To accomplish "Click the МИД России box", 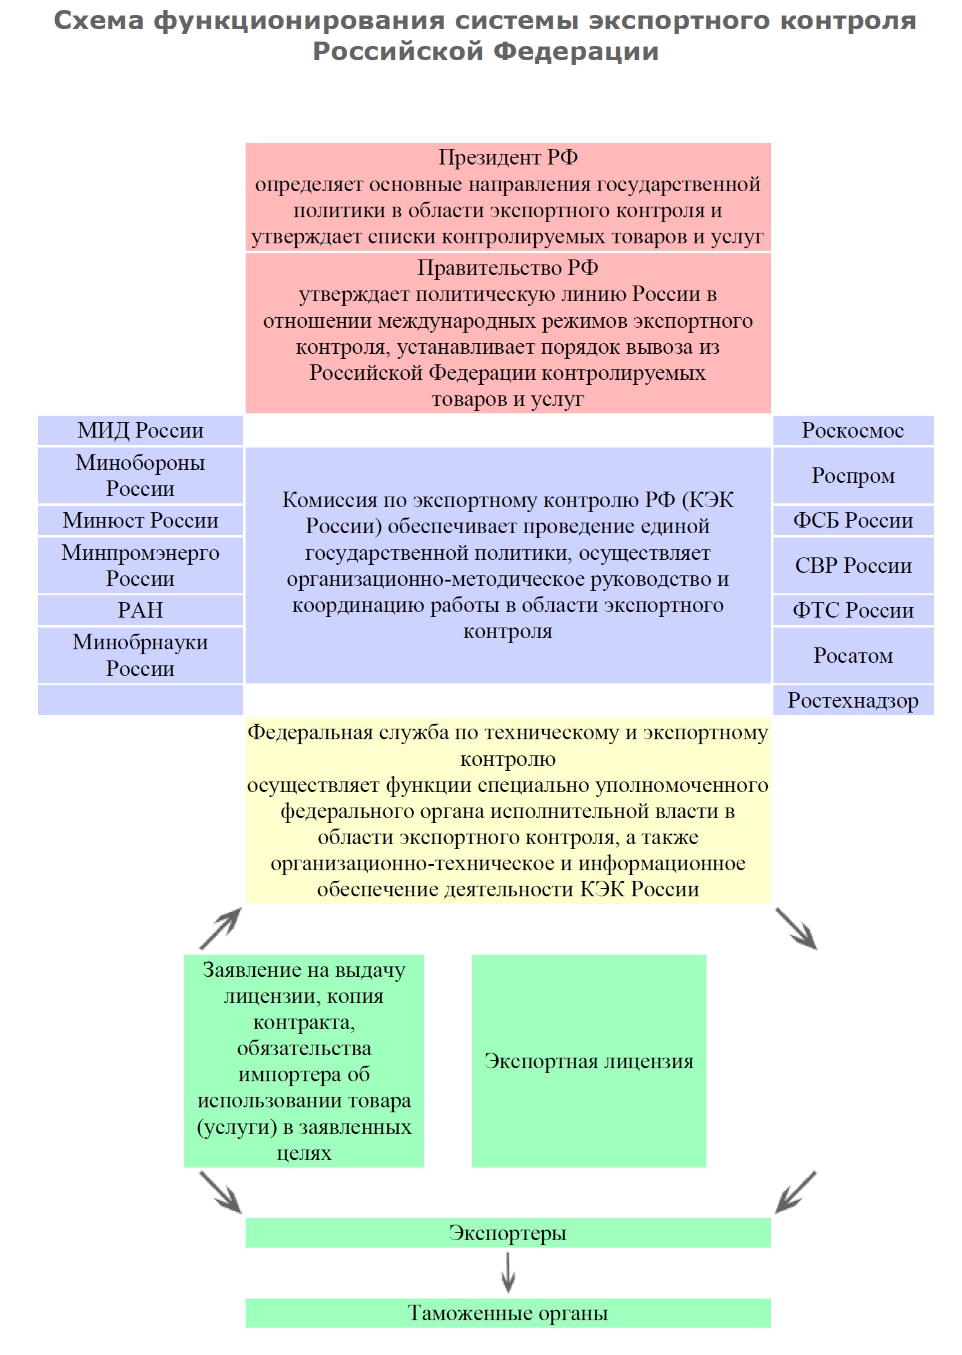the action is tap(140, 430).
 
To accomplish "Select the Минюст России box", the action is tap(140, 520).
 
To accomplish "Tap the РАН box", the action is tap(140, 610).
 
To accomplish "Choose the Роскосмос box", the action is tap(853, 430).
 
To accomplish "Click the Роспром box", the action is tap(853, 475).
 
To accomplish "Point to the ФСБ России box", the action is tap(853, 520).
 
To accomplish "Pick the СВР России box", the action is tap(853, 565).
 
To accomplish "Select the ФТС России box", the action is tap(853, 610).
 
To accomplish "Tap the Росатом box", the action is tap(853, 655).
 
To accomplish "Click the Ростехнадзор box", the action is tap(853, 700).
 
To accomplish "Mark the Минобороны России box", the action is tap(140, 475).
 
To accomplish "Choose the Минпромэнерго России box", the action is tap(140, 565).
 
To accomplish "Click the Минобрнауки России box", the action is tap(140, 655).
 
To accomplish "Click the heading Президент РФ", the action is tap(508, 157).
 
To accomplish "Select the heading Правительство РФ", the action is tap(508, 268).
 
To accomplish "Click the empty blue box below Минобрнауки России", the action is tap(140, 700).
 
